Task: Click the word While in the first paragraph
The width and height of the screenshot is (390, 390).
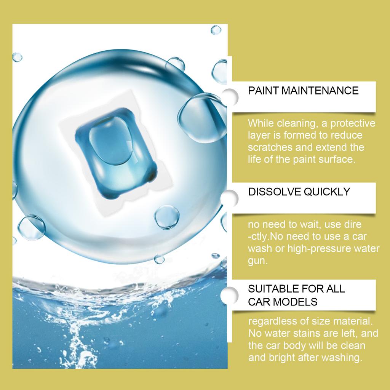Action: [260, 123]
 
